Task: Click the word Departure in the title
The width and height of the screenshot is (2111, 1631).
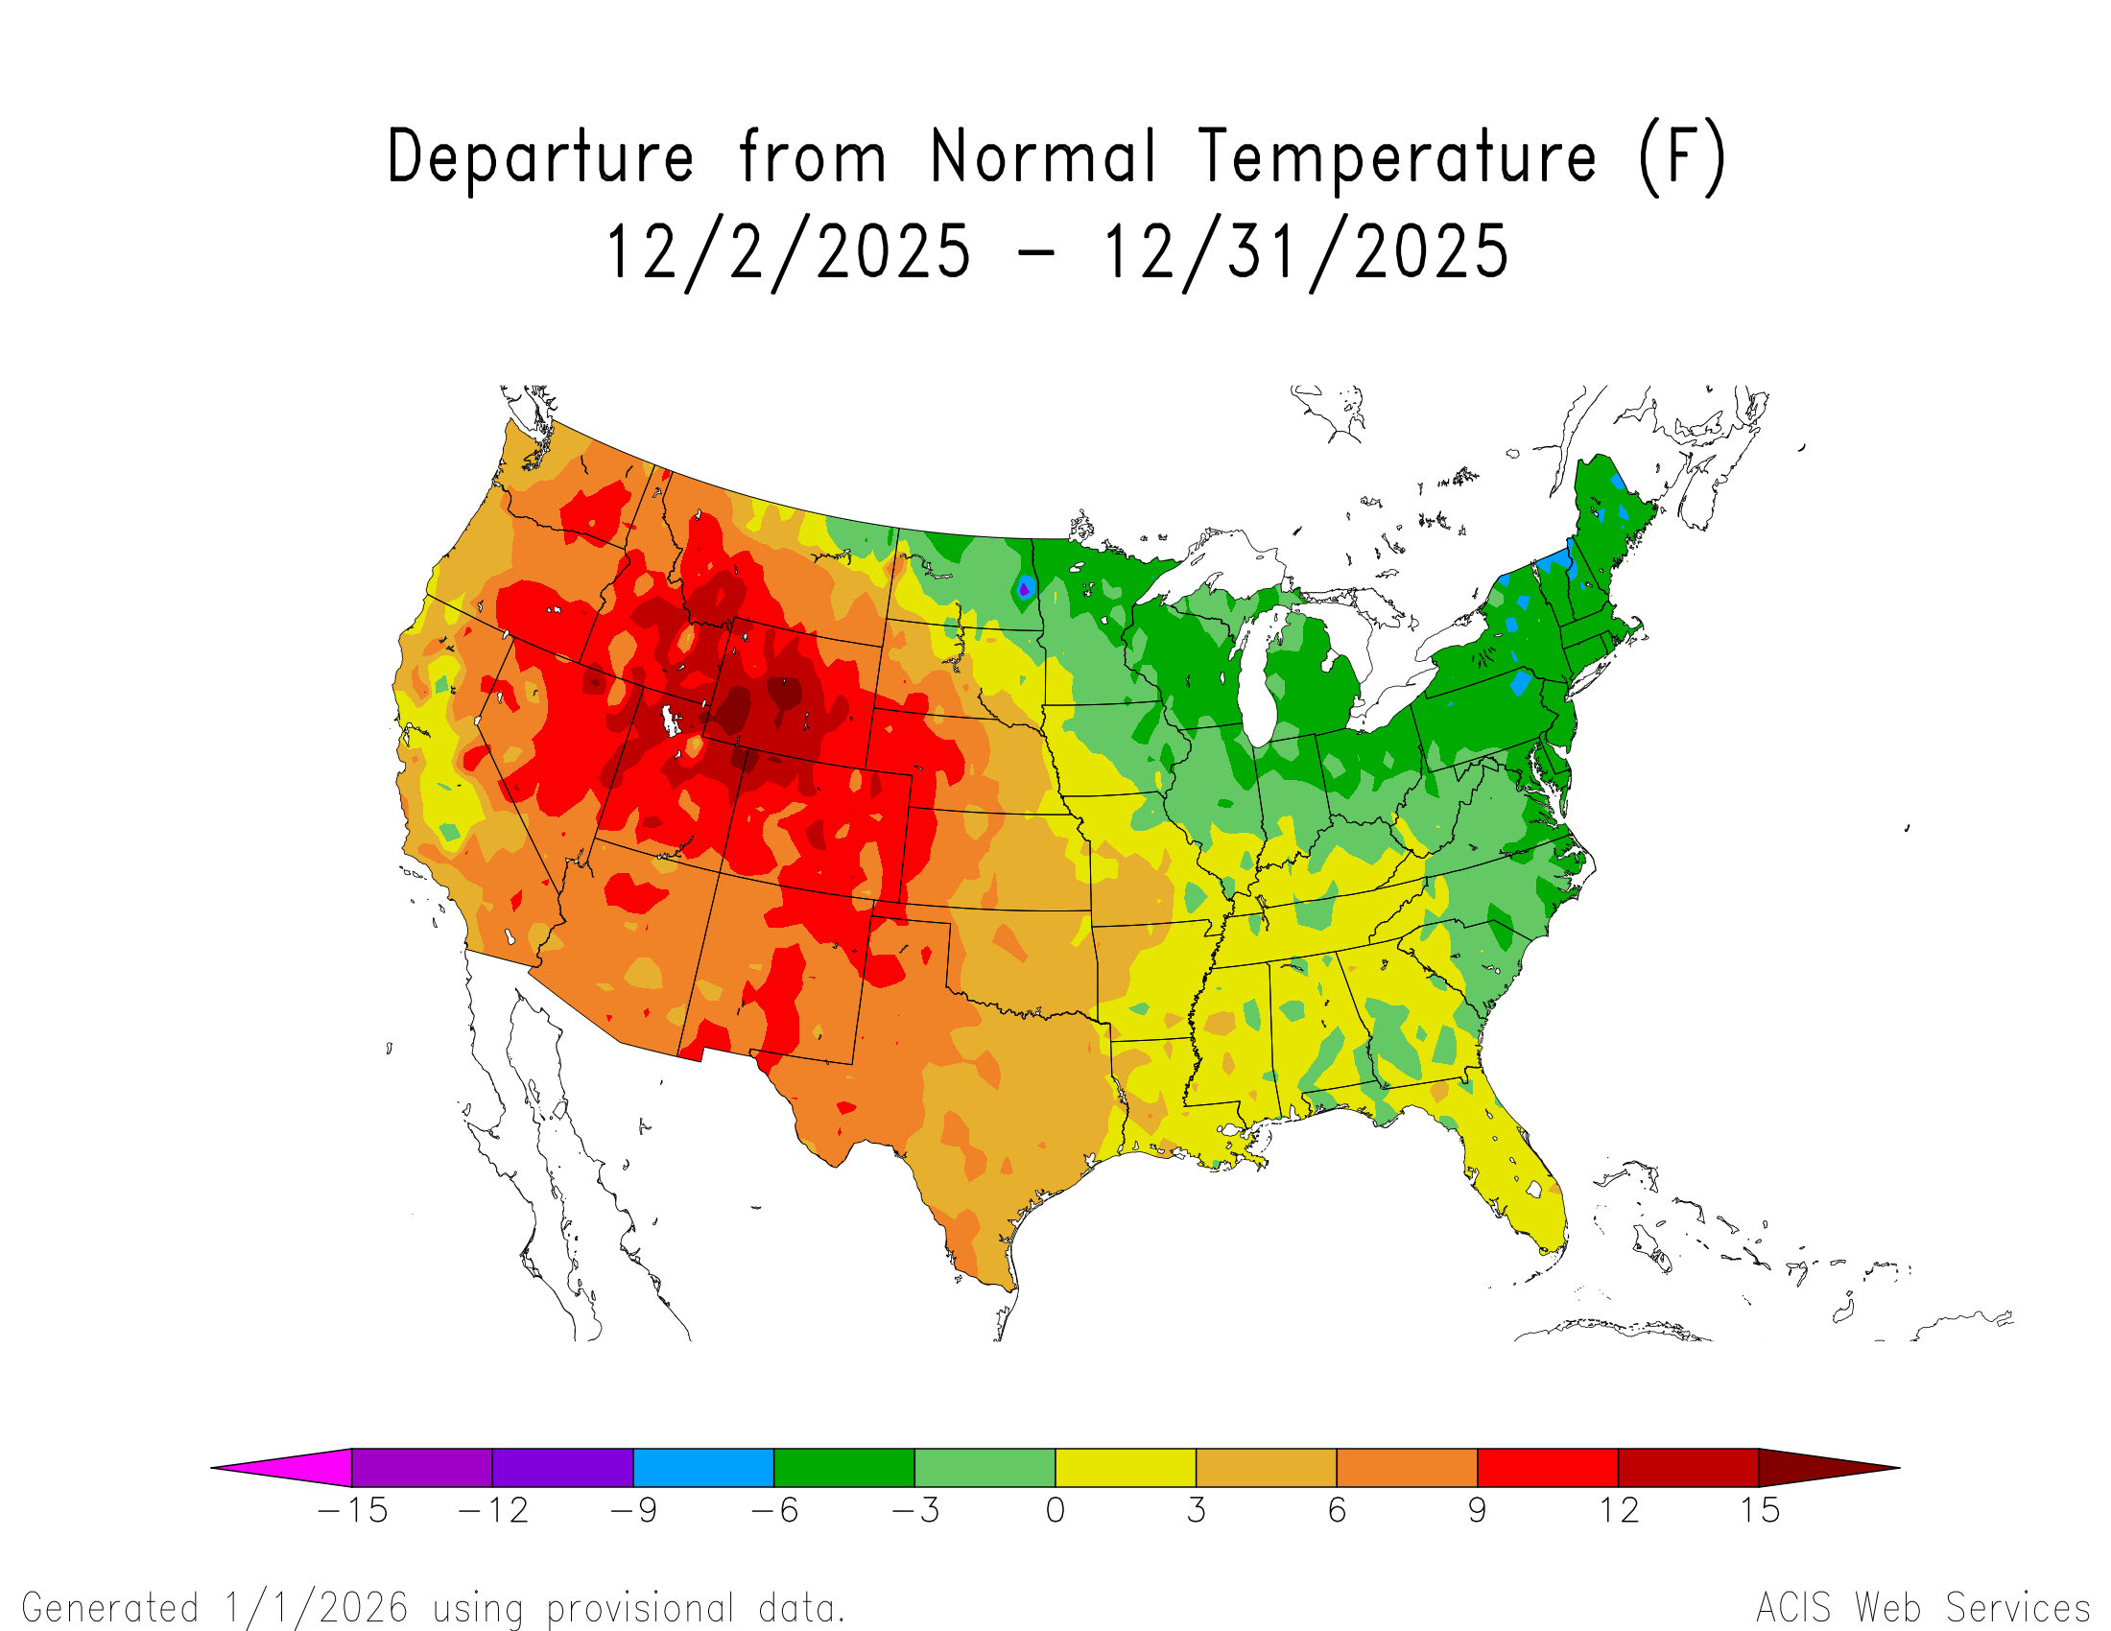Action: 540,157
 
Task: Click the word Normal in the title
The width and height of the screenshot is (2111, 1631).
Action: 1043,157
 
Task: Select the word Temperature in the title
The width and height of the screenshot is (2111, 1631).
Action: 1397,157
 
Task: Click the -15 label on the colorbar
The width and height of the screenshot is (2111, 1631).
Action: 353,1511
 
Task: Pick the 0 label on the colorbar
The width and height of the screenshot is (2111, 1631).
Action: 1055,1511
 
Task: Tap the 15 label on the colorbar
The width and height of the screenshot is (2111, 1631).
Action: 1759,1511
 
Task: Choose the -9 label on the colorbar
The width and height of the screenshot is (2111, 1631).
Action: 634,1511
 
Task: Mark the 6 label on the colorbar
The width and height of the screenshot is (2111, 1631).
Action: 1337,1511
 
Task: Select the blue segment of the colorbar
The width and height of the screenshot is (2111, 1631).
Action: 703,1468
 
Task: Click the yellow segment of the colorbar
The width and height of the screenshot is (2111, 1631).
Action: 1126,1468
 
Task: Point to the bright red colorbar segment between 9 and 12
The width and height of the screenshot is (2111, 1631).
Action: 1548,1468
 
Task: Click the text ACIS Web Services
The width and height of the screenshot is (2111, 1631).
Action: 1923,1608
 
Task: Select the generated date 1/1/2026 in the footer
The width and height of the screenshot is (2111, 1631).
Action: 316,1608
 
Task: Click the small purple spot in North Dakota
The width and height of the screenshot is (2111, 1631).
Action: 1023,588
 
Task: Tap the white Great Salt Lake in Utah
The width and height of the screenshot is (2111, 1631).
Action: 668,720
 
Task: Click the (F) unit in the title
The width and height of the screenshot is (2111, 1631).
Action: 1682,157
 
